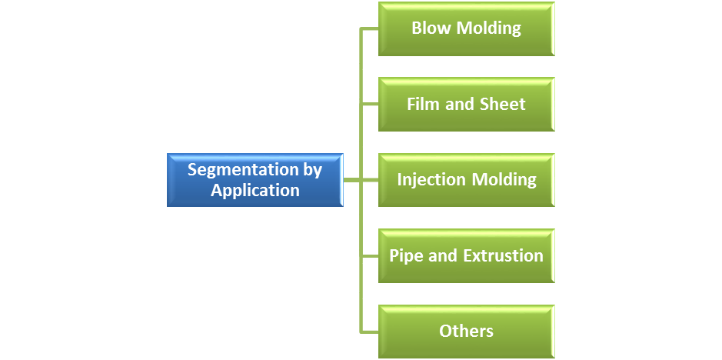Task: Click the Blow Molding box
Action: click(466, 28)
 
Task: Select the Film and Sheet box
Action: click(466, 104)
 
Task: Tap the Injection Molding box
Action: click(466, 179)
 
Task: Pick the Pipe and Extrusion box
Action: click(466, 255)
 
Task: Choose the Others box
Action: click(466, 332)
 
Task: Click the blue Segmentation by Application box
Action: click(255, 180)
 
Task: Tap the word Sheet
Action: click(502, 104)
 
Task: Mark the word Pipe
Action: click(405, 255)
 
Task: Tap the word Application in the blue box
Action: click(255, 190)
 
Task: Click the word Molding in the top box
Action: click(489, 28)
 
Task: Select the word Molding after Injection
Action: click(504, 179)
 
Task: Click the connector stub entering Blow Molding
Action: click(370, 29)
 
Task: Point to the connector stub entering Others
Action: click(370, 331)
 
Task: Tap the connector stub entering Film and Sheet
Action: click(370, 105)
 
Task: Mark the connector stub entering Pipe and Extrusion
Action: click(370, 255)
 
